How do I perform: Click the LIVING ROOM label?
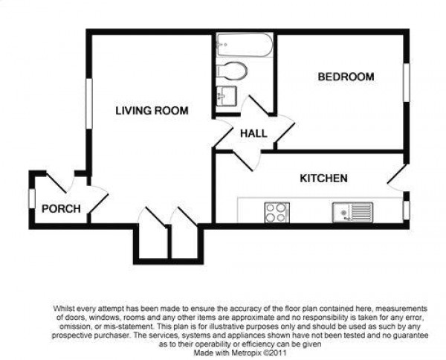point(152,110)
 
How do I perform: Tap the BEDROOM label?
point(346,77)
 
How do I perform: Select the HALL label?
point(253,133)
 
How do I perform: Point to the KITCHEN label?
point(323,179)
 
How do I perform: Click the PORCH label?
point(61,209)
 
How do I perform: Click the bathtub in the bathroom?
point(245,45)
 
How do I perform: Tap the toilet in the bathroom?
point(231,71)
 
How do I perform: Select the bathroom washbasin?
point(226,96)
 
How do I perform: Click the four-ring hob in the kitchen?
point(277,212)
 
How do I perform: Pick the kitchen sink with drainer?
point(352,212)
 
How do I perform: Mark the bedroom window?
point(407,83)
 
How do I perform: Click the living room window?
point(89,103)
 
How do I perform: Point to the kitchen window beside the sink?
point(407,210)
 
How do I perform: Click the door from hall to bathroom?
point(254,106)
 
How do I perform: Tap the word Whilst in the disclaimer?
point(63,308)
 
